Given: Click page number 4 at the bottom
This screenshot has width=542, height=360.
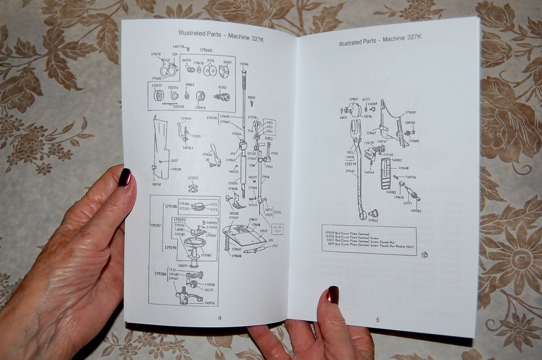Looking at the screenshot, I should (x=220, y=318).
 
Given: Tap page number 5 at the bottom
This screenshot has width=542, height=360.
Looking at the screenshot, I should (x=378, y=320).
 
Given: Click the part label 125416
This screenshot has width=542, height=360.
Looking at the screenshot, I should (x=201, y=107).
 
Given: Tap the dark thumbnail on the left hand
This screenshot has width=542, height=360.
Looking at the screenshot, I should (x=124, y=177).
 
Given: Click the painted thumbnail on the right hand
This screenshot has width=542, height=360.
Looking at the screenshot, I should (x=333, y=295).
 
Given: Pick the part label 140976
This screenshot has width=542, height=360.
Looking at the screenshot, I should (x=209, y=303).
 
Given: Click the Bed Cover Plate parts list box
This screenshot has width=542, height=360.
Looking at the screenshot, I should (x=368, y=239).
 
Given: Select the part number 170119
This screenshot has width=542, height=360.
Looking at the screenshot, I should (x=350, y=164).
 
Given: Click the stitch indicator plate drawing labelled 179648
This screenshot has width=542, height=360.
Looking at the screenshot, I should (x=385, y=173).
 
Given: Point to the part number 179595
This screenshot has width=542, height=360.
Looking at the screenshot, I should (x=180, y=219).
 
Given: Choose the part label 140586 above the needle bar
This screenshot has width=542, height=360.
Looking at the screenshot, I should (x=244, y=64).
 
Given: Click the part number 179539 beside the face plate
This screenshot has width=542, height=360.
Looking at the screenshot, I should (x=176, y=169).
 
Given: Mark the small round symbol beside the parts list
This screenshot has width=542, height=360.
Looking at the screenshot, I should (x=424, y=254).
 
